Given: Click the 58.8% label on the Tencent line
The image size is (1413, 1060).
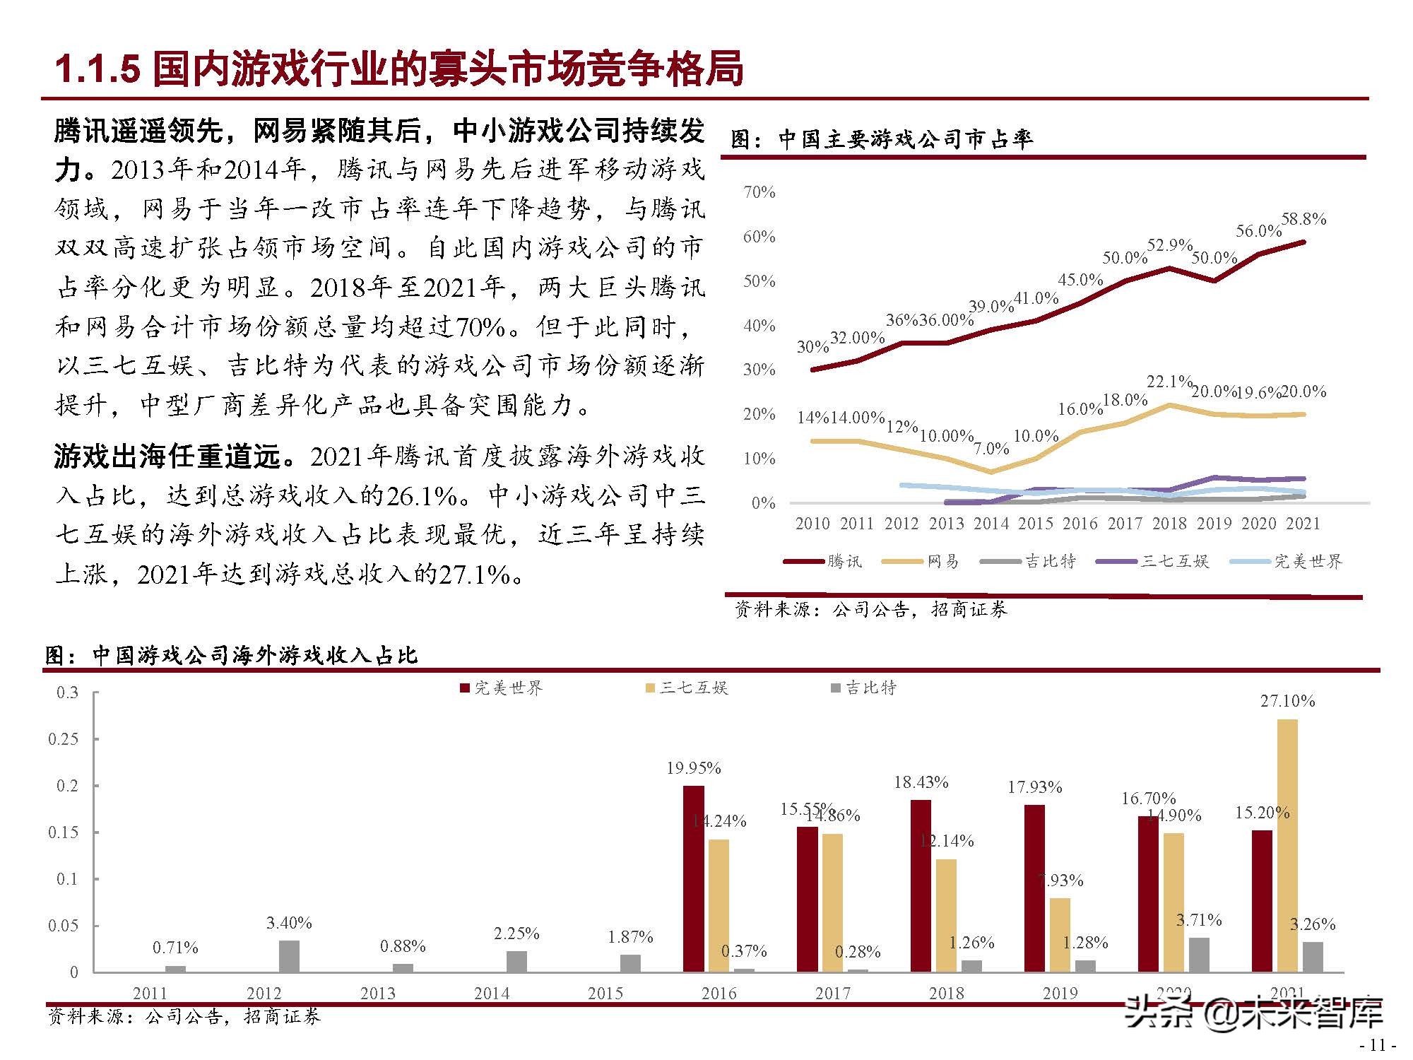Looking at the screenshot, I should click(1303, 219).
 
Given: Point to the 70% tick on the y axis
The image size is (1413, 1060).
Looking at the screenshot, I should click(759, 192).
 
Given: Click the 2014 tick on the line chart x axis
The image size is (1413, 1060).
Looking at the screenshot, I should click(991, 524).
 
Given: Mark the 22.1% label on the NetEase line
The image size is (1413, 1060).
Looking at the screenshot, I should click(1169, 382).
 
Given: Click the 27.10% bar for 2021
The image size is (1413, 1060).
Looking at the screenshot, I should click(1287, 845).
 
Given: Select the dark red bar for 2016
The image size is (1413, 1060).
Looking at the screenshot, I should click(694, 878).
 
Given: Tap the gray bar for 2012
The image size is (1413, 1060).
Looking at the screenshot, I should click(289, 956).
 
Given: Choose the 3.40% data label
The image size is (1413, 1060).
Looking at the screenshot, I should click(289, 923).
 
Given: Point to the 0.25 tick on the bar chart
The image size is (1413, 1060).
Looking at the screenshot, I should click(63, 739).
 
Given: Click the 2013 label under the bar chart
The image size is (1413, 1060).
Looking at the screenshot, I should click(378, 994).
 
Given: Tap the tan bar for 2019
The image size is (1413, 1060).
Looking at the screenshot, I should click(1060, 935).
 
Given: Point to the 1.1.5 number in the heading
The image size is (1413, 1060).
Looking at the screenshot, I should click(97, 70).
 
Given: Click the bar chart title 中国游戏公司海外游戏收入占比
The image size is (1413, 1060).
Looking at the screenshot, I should click(255, 656).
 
